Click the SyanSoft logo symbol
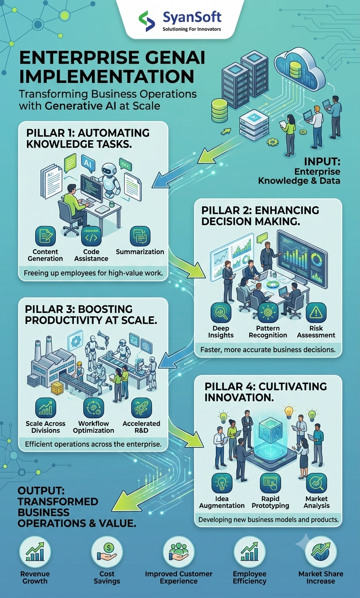(147, 21)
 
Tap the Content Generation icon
(45, 236)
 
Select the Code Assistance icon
(91, 236)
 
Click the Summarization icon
(140, 236)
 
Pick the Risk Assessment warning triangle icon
(316, 313)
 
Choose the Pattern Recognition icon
(268, 313)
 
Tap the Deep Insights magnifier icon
(220, 313)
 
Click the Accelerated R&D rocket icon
(141, 408)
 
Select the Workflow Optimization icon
(94, 408)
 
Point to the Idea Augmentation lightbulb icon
(222, 483)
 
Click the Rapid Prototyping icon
(270, 483)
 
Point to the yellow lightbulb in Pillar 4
(289, 412)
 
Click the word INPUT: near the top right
(322, 162)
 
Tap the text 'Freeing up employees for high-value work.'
(93, 273)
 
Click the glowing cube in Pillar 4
(270, 429)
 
